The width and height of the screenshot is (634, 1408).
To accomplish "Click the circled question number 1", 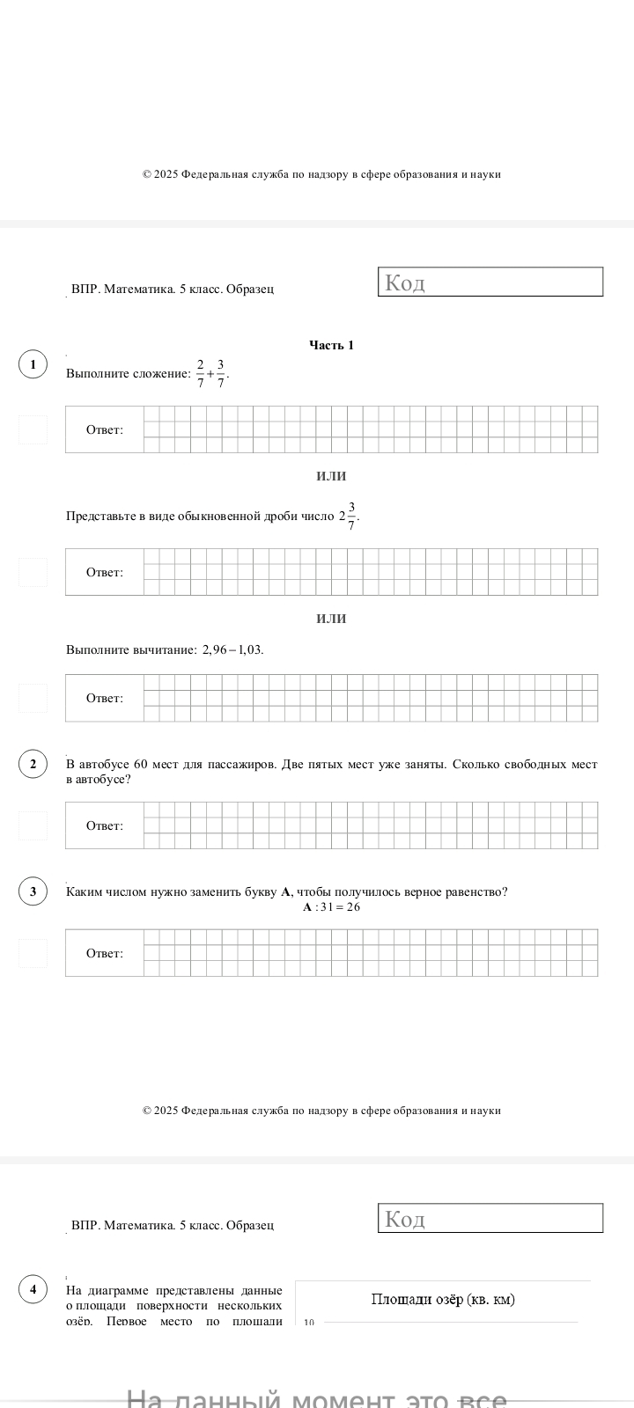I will click(x=33, y=364).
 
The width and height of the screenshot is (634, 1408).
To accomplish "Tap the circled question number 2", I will click(x=33, y=764).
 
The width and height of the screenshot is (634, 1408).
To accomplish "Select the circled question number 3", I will click(x=33, y=891).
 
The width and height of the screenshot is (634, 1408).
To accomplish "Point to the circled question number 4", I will click(x=33, y=1290).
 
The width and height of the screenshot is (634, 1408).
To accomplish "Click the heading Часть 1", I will click(x=331, y=345).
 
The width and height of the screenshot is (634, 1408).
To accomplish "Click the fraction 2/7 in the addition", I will click(x=200, y=373).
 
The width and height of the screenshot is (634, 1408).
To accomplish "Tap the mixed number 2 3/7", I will click(x=348, y=516).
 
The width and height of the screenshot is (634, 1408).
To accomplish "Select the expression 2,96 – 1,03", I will click(x=232, y=650).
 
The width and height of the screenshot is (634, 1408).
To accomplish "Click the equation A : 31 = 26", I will click(x=331, y=907).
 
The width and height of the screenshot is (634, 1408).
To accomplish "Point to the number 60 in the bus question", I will click(x=141, y=765).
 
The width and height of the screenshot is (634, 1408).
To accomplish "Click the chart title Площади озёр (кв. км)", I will click(x=443, y=1300).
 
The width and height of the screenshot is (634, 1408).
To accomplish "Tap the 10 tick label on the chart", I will click(x=308, y=1323).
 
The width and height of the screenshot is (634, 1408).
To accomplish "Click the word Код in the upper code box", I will click(x=405, y=283).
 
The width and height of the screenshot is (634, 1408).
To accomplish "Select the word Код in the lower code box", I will click(x=405, y=1220).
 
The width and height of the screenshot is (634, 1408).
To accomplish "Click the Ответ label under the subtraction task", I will click(x=104, y=699).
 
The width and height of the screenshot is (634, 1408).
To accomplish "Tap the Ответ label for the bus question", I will click(x=104, y=826).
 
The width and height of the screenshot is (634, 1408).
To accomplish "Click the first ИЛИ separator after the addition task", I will click(x=331, y=476).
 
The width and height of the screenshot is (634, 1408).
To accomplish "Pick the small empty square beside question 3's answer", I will click(x=33, y=953).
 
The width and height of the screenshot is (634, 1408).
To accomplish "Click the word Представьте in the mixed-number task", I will click(x=97, y=517).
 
